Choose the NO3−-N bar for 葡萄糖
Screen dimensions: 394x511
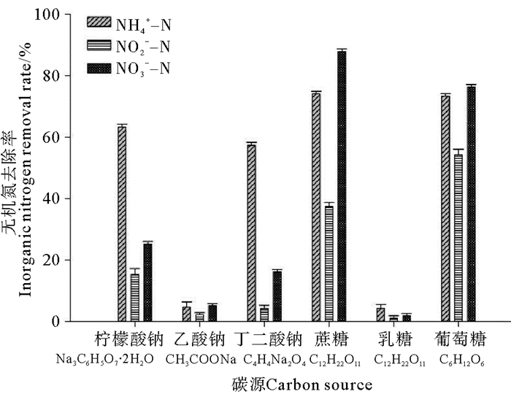471,204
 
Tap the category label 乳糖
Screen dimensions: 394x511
394,340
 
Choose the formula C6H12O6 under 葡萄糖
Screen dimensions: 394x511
461,360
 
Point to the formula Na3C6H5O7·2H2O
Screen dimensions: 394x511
104,360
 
